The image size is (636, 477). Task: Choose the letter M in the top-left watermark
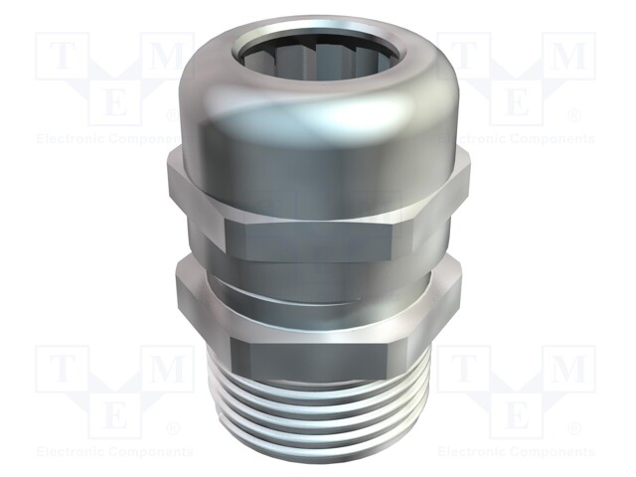(x=170, y=57)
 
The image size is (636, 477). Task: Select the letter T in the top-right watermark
(x=463, y=57)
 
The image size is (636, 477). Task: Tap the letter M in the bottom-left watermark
(x=170, y=370)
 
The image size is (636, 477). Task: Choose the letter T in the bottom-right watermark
(x=463, y=370)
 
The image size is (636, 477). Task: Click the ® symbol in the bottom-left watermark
(x=172, y=428)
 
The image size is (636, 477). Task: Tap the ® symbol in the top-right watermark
(x=574, y=115)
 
